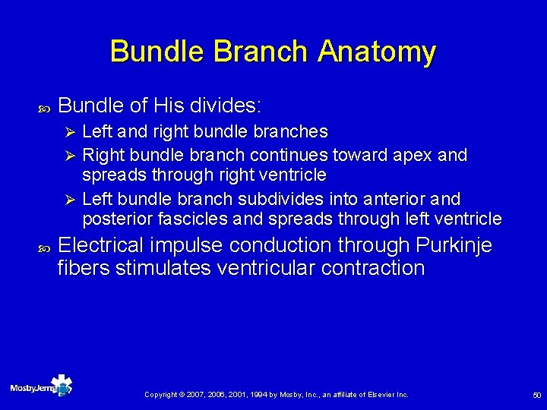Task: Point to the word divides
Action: click(x=243, y=105)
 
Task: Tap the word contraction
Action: click(x=373, y=268)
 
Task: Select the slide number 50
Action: click(x=536, y=396)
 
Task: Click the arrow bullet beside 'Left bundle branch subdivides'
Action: click(x=69, y=200)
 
